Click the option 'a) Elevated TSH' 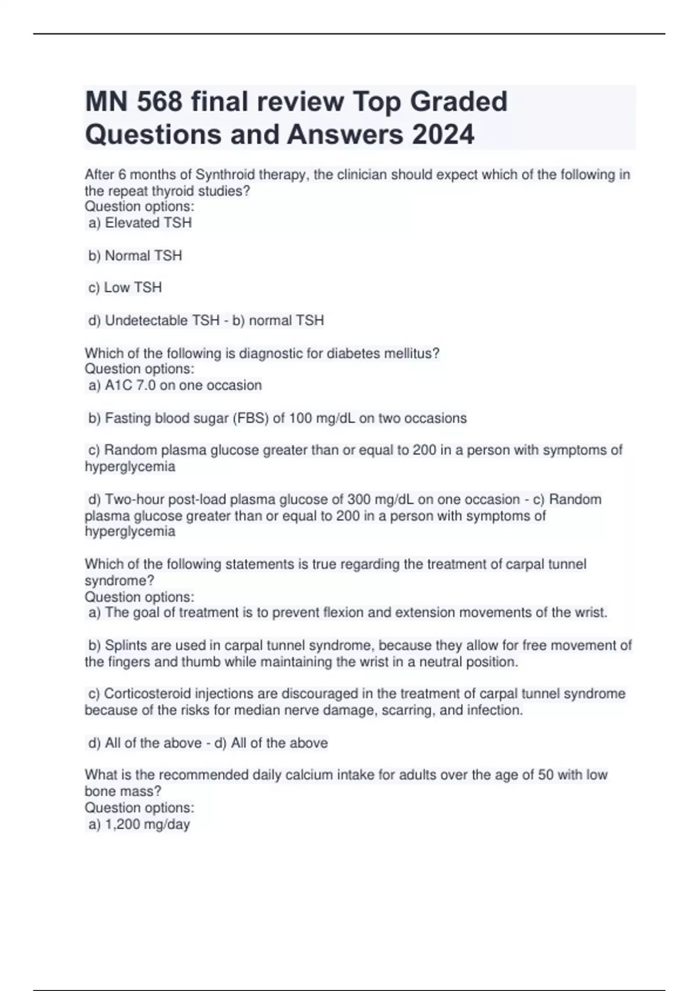(x=140, y=223)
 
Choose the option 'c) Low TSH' (x=125, y=287)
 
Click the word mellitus (x=411, y=353)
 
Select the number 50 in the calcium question (x=546, y=775)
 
